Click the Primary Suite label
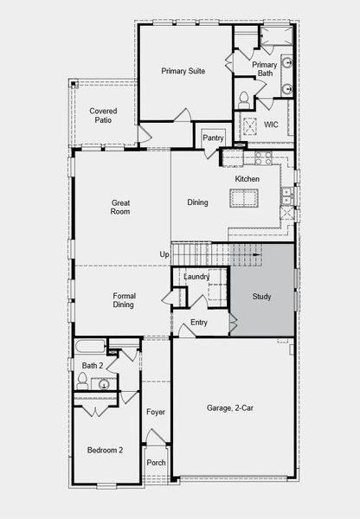coord(183,71)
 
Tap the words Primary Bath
coord(264,70)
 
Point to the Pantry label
coord(213,138)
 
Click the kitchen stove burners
coord(263,157)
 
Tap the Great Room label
coord(120,207)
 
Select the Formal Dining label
coord(124,300)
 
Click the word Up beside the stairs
coord(164,253)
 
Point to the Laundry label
coord(196,276)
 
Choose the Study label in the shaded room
coord(261,297)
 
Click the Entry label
coord(199,323)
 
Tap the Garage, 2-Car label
coord(229,407)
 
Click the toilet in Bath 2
coord(83,379)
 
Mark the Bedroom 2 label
coord(105,450)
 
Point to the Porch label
coord(156,462)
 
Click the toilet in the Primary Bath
coord(244,96)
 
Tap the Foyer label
coord(156,412)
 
